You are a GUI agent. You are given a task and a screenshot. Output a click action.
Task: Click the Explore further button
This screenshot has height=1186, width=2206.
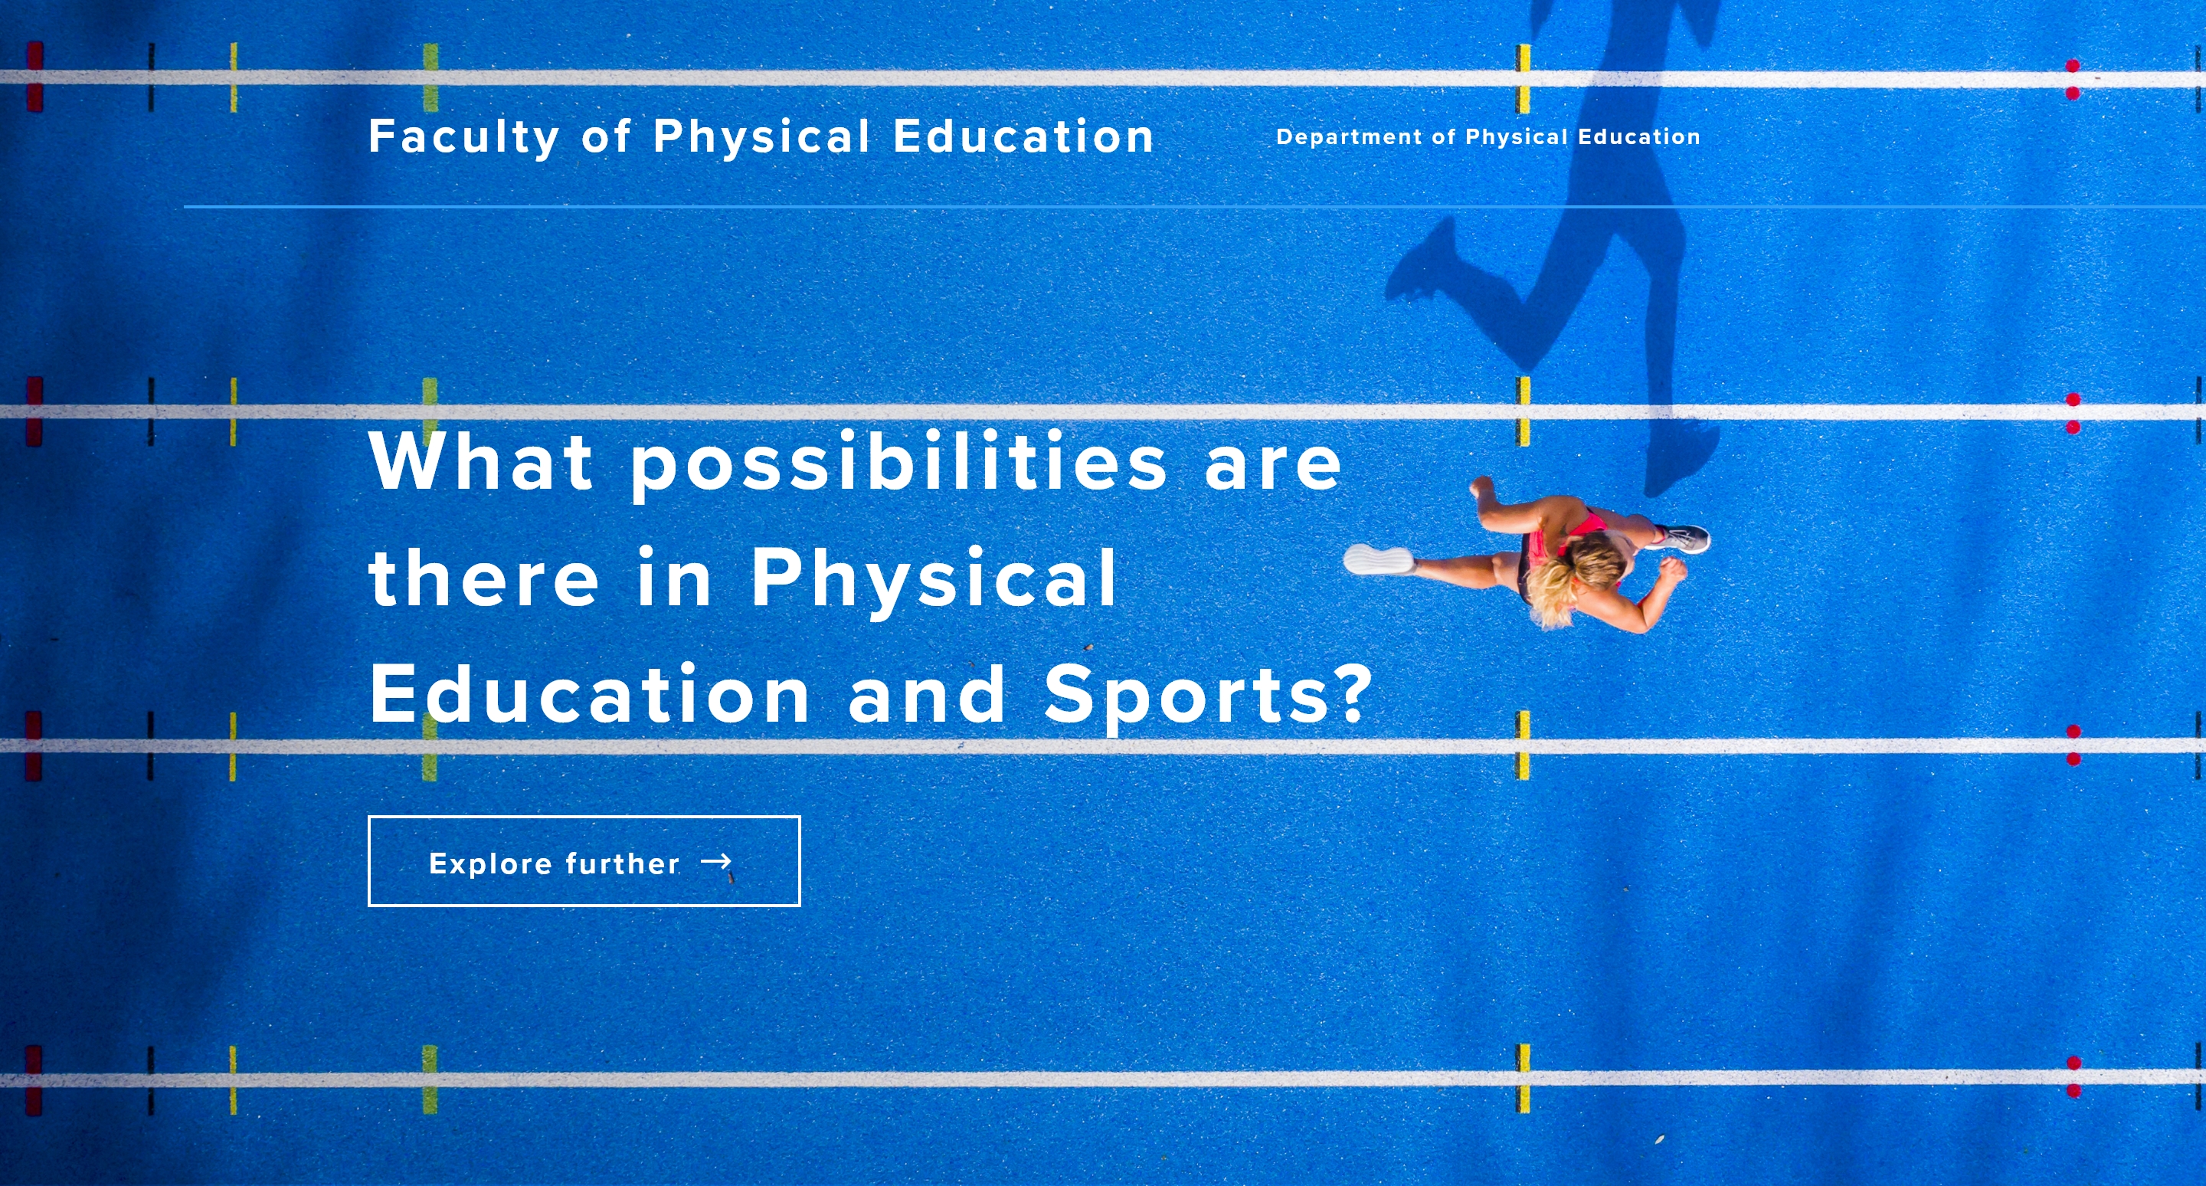tap(584, 860)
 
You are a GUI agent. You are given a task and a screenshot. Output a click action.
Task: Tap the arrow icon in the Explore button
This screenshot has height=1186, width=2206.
tap(716, 861)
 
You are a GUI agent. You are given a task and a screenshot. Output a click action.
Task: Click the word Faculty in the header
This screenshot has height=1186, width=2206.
tap(464, 137)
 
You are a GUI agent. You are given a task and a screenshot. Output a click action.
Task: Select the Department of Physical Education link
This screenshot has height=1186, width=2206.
tap(1488, 137)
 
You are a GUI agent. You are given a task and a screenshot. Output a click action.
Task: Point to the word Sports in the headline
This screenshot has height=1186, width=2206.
tap(1185, 696)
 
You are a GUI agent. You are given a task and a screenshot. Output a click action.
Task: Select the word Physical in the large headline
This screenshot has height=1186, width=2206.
tap(934, 581)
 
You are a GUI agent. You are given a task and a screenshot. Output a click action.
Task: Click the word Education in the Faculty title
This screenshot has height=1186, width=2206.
tap(1023, 137)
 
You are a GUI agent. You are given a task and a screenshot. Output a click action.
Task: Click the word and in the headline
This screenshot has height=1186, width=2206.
tap(926, 693)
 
